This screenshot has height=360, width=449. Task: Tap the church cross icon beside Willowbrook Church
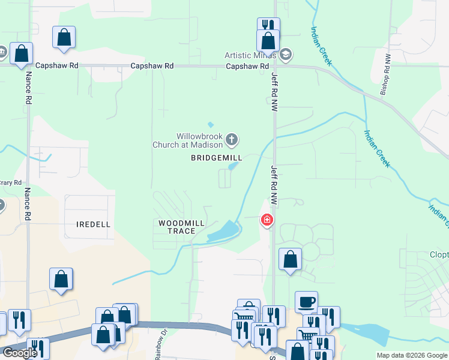pos(232,141)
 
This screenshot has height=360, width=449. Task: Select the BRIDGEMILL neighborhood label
pos(216,158)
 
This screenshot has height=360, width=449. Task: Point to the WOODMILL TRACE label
pos(181,227)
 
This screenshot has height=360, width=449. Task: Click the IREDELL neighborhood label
pos(94,224)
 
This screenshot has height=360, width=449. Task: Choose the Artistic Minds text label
pos(250,55)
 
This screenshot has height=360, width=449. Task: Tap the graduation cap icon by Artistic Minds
pos(285,55)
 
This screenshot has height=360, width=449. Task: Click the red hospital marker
pos(267,221)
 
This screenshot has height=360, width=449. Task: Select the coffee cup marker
pos(306,302)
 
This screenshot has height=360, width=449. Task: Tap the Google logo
pos(20,353)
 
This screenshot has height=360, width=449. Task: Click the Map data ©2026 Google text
pos(412,355)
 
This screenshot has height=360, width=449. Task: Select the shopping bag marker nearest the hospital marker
pos(290,260)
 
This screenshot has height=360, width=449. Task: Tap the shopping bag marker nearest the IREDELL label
pos(61,280)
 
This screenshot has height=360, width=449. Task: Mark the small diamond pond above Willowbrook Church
pos(211,125)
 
